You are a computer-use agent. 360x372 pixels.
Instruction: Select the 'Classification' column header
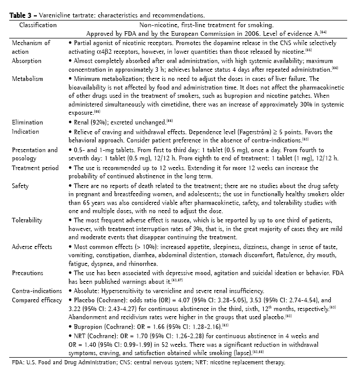[36, 25]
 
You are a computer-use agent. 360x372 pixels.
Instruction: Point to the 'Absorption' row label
[27, 60]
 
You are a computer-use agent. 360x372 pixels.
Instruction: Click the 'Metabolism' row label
[28, 79]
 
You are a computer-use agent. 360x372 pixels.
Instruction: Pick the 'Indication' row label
[26, 132]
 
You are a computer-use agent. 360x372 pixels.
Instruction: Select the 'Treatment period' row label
[34, 168]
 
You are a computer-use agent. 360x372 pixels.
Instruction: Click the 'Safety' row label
[20, 186]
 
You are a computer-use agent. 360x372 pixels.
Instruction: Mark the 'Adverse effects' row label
[32, 246]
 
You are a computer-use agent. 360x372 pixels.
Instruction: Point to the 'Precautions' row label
[28, 273]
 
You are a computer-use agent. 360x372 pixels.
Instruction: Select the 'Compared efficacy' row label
[36, 299]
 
